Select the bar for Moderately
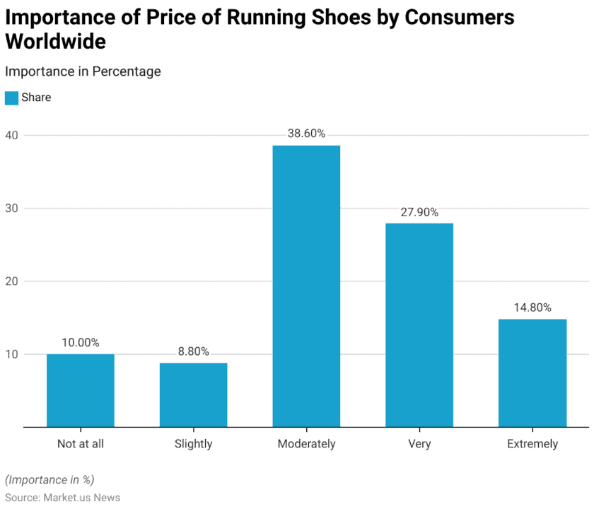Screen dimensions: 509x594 pyautogui.click(x=306, y=286)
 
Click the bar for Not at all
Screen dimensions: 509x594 pyautogui.click(x=80, y=390)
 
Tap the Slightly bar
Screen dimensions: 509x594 pyautogui.click(x=193, y=394)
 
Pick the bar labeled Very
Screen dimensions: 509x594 pyautogui.click(x=419, y=325)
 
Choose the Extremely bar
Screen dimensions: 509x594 pyautogui.click(x=532, y=373)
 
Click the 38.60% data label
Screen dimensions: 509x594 pyautogui.click(x=306, y=134)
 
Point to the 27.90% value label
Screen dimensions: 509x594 pyautogui.click(x=419, y=212)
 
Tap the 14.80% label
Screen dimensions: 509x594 pyautogui.click(x=532, y=308)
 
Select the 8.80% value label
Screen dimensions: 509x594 pyautogui.click(x=193, y=351)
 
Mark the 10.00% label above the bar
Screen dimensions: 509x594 pyautogui.click(x=80, y=343)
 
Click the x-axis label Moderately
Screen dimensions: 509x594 pyautogui.click(x=306, y=444)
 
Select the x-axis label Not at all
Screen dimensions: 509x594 pyautogui.click(x=80, y=444)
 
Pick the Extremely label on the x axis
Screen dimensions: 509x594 pyautogui.click(x=532, y=444)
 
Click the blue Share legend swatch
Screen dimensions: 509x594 pyautogui.click(x=11, y=98)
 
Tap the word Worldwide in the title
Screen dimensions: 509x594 pyautogui.click(x=55, y=41)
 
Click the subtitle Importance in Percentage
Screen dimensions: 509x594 pyautogui.click(x=83, y=71)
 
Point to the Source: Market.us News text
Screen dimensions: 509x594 pyautogui.click(x=62, y=498)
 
